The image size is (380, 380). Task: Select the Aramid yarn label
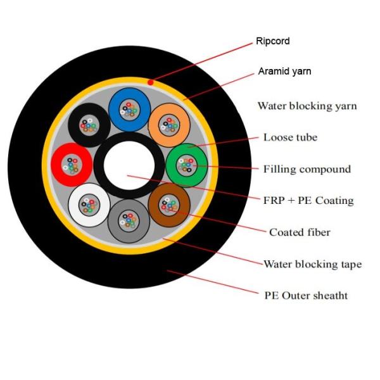point(284,71)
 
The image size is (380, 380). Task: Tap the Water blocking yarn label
point(307,106)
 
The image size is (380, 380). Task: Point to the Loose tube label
point(290,137)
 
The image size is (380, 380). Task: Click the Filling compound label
point(307,169)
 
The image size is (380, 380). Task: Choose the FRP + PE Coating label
point(308,201)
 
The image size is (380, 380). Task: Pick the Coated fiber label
point(300,232)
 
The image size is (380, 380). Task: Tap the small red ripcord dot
point(150,82)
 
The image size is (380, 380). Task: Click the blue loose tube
point(129,109)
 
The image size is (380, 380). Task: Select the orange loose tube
point(168,125)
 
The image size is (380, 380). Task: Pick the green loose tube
point(186,165)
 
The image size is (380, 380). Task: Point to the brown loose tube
point(169,205)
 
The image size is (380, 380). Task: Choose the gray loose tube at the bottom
point(129,221)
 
